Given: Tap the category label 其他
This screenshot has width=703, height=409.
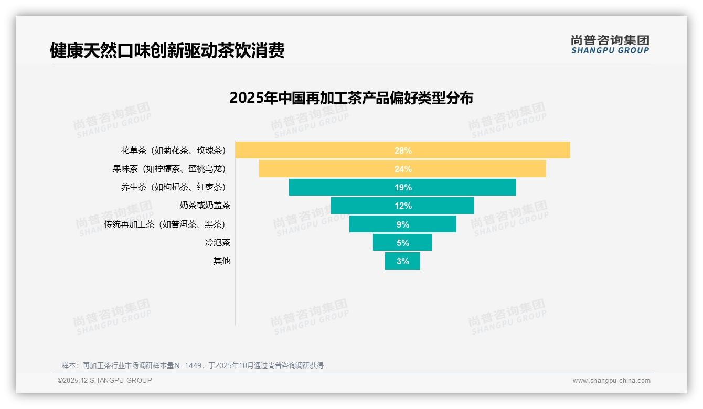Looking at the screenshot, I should click(221, 261).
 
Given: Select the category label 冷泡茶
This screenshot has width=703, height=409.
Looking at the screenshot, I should click(217, 243).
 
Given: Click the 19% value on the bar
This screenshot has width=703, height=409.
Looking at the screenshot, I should click(403, 187).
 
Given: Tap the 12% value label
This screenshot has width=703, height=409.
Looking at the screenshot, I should click(403, 206).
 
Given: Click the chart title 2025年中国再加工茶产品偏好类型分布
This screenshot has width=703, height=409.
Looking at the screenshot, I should click(351, 98).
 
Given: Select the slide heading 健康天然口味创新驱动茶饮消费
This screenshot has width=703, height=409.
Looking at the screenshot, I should click(167, 51).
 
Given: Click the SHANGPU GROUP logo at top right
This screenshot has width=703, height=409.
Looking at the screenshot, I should click(610, 45).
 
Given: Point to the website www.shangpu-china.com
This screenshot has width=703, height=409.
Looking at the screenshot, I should click(611, 381).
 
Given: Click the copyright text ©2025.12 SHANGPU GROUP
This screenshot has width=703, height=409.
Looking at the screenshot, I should click(105, 380).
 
